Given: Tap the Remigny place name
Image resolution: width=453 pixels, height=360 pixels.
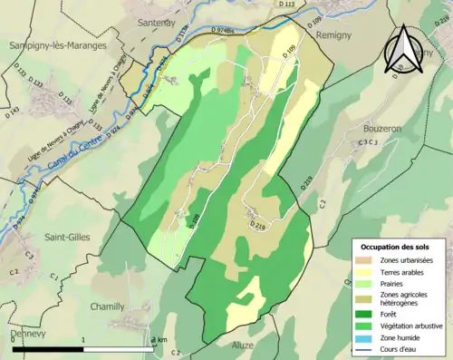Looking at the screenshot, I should pyautogui.click(x=337, y=34).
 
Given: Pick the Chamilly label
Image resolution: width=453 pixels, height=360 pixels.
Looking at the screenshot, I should pyautogui.click(x=108, y=306).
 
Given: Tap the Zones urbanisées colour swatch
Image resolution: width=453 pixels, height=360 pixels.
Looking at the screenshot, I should pyautogui.click(x=363, y=261).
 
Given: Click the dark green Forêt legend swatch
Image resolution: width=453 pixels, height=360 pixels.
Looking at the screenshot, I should pyautogui.click(x=363, y=313).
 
